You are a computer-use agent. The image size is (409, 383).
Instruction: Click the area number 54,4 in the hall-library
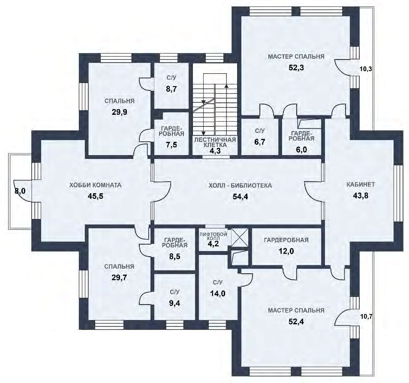click(240, 197)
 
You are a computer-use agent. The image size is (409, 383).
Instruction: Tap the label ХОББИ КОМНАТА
click(96, 185)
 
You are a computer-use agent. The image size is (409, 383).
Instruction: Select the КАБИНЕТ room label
click(361, 184)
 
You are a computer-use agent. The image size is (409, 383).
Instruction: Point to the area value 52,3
click(296, 68)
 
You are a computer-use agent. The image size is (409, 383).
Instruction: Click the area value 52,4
click(296, 322)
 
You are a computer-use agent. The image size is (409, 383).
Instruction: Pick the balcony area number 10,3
click(366, 69)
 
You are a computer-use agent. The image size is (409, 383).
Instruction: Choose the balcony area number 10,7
click(366, 317)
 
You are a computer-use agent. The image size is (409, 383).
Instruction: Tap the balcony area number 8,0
click(20, 191)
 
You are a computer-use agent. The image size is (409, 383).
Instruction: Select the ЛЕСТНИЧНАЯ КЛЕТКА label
click(215, 142)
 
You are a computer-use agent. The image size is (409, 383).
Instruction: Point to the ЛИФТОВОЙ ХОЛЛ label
click(214, 236)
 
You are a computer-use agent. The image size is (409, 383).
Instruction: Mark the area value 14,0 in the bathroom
click(218, 293)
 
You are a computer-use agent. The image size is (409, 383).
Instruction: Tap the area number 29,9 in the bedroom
click(120, 112)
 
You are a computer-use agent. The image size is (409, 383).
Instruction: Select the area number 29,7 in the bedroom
click(119, 278)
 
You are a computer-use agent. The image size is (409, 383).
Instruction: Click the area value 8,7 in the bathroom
click(171, 89)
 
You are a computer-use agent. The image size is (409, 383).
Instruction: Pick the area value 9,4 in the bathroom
click(174, 303)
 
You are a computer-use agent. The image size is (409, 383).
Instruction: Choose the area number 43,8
click(361, 195)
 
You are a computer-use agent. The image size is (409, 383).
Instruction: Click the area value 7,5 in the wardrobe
click(171, 145)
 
